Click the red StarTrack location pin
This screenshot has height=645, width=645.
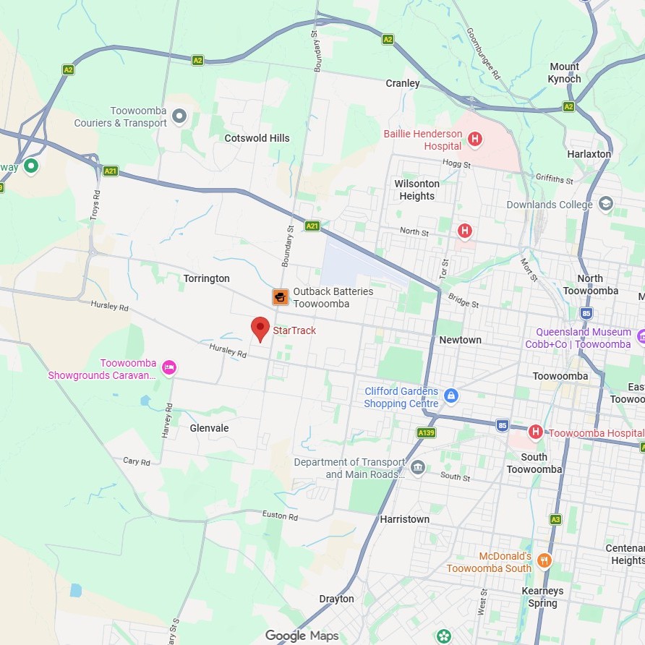[260, 329]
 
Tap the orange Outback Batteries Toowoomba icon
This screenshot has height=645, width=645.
[280, 297]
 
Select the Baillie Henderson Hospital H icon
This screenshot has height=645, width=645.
[475, 139]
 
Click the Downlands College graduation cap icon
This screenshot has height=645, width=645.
[606, 204]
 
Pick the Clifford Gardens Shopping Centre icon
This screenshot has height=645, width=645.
[451, 396]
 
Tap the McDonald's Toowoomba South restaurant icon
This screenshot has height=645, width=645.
[544, 560]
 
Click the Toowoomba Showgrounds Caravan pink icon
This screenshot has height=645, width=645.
[168, 367]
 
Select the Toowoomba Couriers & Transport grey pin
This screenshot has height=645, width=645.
[180, 116]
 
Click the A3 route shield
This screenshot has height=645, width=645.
[555, 519]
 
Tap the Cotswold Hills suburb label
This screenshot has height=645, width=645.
[257, 138]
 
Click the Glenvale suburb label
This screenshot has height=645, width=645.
[209, 428]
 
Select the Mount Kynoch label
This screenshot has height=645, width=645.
[564, 73]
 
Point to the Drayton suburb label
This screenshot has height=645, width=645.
[337, 599]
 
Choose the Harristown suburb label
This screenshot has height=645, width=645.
[405, 519]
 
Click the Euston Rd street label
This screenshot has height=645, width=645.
[280, 516]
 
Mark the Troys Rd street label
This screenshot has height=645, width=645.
[95, 206]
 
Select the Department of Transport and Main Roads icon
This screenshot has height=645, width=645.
[417, 468]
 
